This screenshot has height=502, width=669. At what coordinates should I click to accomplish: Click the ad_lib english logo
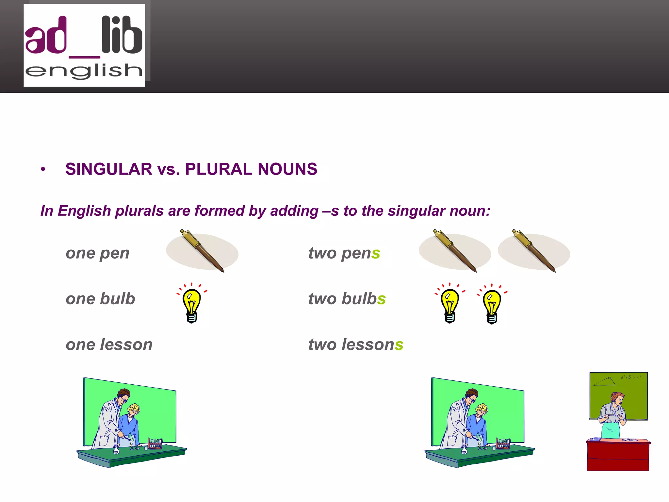coord(84,45)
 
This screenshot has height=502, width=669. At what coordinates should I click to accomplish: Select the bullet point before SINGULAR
coord(43,169)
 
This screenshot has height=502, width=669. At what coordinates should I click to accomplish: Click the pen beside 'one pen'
coord(203,251)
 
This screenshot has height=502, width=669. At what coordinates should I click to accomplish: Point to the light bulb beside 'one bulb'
coord(192,304)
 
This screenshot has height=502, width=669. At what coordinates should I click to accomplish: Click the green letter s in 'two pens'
coord(376,254)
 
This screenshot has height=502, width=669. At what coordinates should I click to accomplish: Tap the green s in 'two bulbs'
coord(381,299)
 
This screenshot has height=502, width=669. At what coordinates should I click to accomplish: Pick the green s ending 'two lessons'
coord(399,345)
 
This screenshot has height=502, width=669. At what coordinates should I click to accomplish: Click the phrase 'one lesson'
coord(109,345)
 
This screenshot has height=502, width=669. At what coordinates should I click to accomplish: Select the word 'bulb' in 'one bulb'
coord(118,299)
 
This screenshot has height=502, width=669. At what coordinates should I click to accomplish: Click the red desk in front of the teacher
coord(618,456)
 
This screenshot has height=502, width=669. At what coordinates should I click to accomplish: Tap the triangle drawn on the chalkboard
coord(604,382)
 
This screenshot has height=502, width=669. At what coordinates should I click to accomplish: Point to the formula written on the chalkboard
coord(631,377)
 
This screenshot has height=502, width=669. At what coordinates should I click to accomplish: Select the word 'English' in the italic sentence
coord(84,211)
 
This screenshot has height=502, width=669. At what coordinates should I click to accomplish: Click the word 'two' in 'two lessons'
coord(322,345)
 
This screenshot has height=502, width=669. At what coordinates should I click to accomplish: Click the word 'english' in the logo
coord(84,71)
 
